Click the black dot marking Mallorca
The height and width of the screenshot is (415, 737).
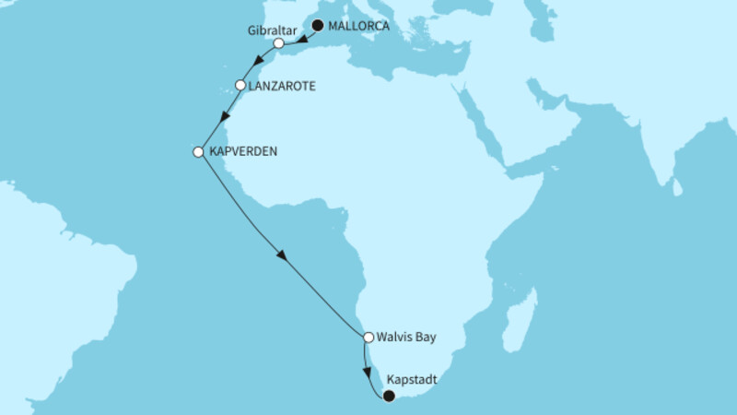click(318, 26)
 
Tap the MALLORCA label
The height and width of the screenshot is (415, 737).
click(358, 26)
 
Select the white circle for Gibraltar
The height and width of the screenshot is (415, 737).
click(278, 43)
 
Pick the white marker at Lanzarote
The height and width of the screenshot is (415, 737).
click(240, 86)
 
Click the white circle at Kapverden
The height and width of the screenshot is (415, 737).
click(197, 152)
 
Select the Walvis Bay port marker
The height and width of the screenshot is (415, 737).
click(368, 338)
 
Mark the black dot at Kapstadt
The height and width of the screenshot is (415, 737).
click(388, 397)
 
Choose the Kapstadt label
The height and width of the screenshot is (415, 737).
click(412, 379)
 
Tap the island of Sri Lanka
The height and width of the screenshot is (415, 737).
click(678, 187)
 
